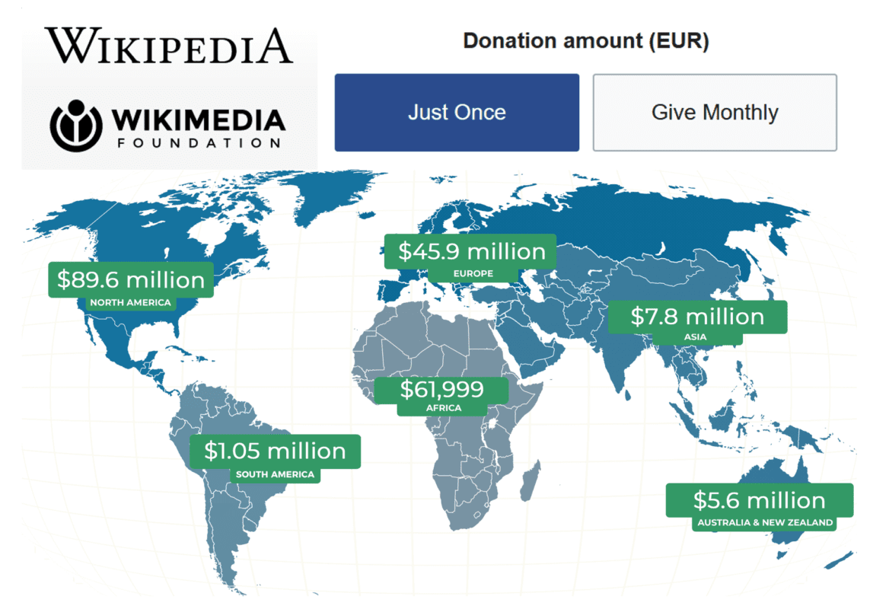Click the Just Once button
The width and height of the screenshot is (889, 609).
[x=457, y=113]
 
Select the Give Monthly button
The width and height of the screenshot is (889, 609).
[x=715, y=113]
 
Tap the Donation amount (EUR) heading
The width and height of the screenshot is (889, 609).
[x=585, y=41]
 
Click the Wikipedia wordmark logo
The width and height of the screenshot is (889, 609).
[x=168, y=46]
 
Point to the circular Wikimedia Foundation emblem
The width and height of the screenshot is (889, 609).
[x=75, y=125]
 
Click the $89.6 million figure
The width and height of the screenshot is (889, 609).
[x=131, y=279]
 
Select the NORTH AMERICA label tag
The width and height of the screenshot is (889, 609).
[x=131, y=303]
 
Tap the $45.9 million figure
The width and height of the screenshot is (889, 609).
[x=471, y=251]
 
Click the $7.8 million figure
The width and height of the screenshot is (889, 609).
[x=696, y=316]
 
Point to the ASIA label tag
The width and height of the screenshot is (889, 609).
[x=695, y=336]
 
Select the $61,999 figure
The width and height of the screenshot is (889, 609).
[x=441, y=389]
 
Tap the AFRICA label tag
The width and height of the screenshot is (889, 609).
[x=444, y=408]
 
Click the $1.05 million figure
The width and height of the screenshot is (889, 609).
[x=275, y=451]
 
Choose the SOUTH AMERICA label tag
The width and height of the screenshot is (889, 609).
[x=275, y=474]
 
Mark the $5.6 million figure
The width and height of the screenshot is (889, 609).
[x=759, y=500]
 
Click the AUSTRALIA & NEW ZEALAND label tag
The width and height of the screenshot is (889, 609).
[x=765, y=523]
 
